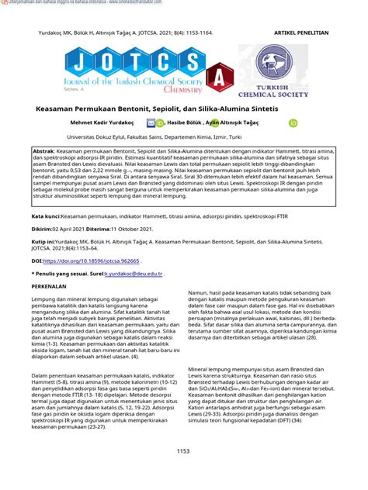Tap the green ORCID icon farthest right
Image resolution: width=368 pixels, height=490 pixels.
pos(293,122)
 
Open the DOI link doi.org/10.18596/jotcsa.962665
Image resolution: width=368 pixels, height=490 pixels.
pos(92,261)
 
